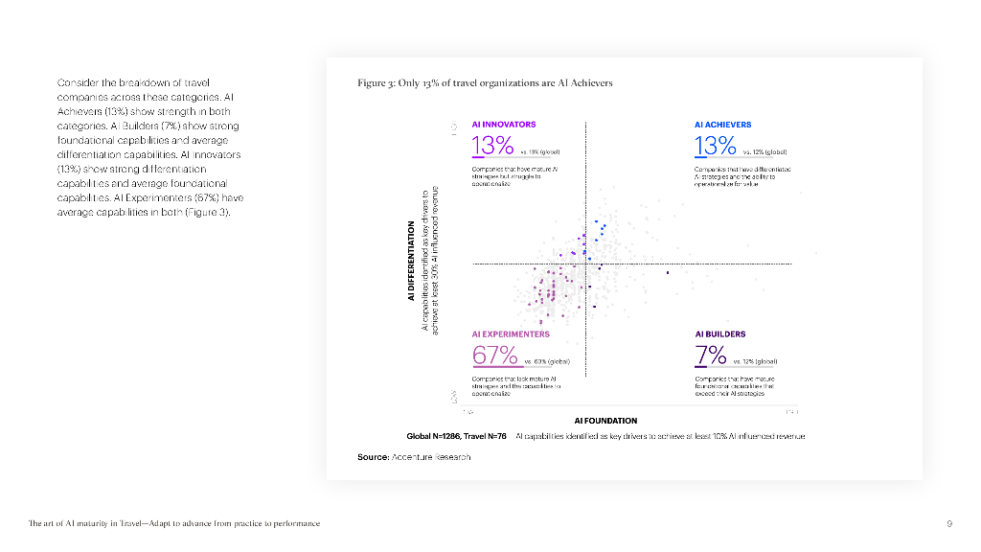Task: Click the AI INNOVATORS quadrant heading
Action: click(x=504, y=125)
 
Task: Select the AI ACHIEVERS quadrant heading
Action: click(x=722, y=125)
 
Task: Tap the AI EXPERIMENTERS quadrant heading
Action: click(x=511, y=334)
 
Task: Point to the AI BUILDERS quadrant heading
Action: click(x=719, y=334)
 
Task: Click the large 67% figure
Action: click(x=495, y=355)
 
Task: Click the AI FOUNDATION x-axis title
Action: click(x=605, y=420)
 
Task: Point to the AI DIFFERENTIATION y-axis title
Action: click(x=411, y=261)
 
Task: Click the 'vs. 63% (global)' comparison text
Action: click(x=547, y=362)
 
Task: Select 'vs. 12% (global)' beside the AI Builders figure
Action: click(x=754, y=362)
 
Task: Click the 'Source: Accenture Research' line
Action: click(x=414, y=457)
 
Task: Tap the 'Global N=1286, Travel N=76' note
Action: click(x=456, y=436)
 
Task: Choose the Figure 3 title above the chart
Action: click(x=485, y=83)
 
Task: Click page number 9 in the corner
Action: click(x=948, y=523)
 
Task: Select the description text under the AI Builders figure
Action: click(x=734, y=386)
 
